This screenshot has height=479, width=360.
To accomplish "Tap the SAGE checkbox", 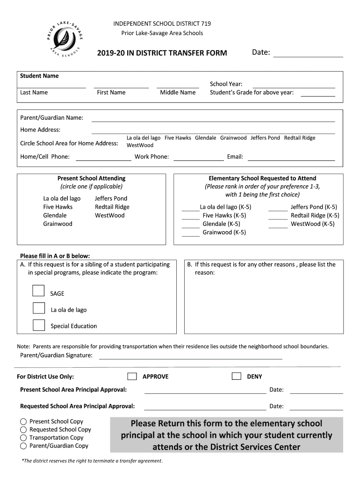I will pyautogui.click(x=38, y=291).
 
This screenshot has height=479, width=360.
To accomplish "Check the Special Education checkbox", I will pyautogui.click(x=38, y=325).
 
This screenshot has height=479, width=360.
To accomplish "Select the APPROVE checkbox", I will pyautogui.click(x=132, y=377).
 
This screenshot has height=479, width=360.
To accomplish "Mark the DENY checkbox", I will pyautogui.click(x=237, y=377).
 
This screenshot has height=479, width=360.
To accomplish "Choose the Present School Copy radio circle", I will pyautogui.click(x=23, y=421).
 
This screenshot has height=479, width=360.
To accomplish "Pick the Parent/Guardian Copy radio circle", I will pyautogui.click(x=23, y=446).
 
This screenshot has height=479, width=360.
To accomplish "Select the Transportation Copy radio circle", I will pyautogui.click(x=23, y=438).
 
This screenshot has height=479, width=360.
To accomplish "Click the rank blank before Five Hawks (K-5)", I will pyautogui.click(x=190, y=217).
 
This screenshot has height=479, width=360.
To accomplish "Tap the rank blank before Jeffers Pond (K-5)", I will pyautogui.click(x=278, y=209).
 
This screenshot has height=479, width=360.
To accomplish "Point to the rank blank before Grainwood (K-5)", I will pyautogui.click(x=190, y=234).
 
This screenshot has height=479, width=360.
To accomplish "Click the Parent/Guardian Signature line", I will pyautogui.click(x=190, y=357).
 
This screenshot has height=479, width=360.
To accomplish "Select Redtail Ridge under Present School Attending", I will pyautogui.click(x=112, y=207).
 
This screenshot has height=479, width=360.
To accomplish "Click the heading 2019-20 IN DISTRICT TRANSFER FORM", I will pyautogui.click(x=162, y=53).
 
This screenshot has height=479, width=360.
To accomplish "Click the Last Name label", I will pyautogui.click(x=34, y=92).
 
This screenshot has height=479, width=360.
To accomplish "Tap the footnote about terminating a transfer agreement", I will pyautogui.click(x=93, y=461).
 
